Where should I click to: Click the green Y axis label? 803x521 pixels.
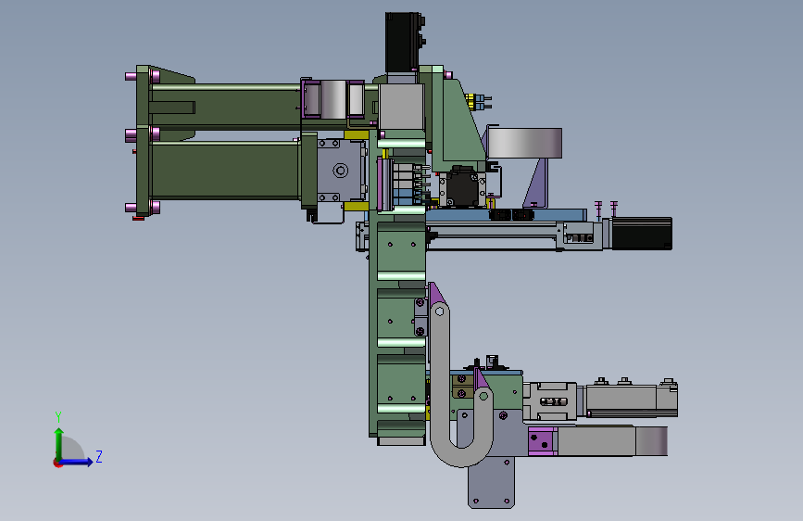point(58,416)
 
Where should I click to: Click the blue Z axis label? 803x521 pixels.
point(99,456)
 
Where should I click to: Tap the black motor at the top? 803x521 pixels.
point(404,42)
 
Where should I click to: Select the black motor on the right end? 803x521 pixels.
point(642,234)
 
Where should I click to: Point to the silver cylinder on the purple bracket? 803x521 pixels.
point(524,143)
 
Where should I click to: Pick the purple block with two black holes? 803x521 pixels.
point(543,441)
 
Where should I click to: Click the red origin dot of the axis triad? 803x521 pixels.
point(57,463)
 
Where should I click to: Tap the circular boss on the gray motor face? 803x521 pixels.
point(340,171)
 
